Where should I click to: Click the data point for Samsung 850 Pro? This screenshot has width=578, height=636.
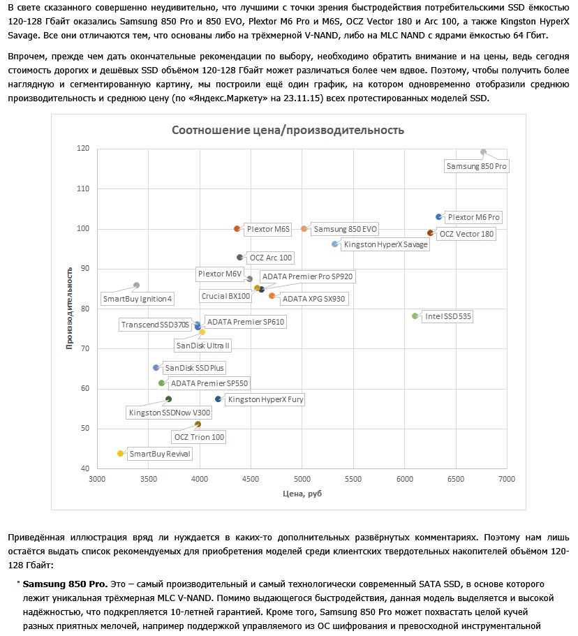pos(483,151)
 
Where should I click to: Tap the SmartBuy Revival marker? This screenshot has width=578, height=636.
pos(120,453)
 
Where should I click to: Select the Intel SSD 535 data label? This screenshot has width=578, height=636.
pos(448,316)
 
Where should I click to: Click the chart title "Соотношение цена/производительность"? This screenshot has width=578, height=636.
pos(288,131)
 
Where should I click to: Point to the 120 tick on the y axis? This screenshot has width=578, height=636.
pos(84,149)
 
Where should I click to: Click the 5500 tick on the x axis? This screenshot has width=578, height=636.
pos(353,478)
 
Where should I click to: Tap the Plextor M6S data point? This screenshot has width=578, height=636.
pos(237,228)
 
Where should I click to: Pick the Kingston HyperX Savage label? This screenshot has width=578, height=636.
pos(386,244)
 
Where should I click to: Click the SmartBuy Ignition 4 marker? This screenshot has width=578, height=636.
pos(136,285)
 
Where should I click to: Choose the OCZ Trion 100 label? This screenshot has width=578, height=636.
pos(200,437)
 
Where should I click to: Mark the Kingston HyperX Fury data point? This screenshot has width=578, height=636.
pos(218,399)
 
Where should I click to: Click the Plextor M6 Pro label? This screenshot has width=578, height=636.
pos(474,218)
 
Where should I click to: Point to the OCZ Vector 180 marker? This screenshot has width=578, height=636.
pos(430,232)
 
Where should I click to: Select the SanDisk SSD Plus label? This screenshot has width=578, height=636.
pos(195,368)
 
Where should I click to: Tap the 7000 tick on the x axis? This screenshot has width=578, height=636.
pos(507,478)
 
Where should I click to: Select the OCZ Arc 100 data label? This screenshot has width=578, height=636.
pos(271,258)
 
